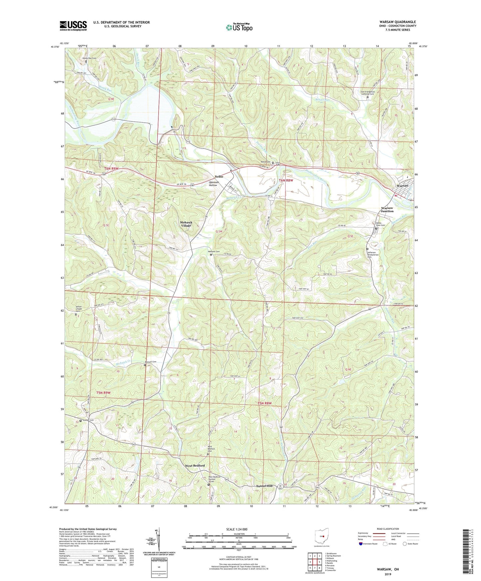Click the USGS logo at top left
click(73, 26)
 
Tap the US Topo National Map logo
click(239, 27)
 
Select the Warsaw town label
click(402, 186)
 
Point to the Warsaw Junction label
click(387, 210)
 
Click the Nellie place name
click(219, 176)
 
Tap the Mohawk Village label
click(186, 224)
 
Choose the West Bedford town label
click(195, 466)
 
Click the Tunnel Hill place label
click(264, 486)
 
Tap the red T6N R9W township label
click(111, 169)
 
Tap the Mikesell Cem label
click(150, 362)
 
